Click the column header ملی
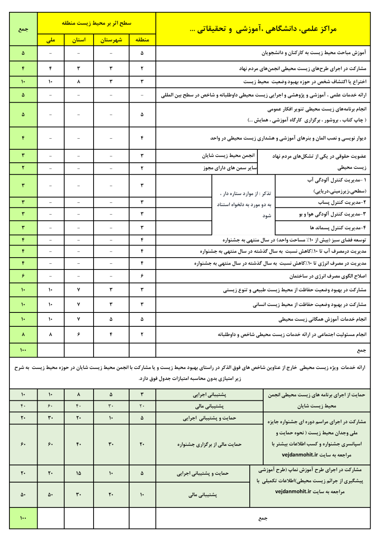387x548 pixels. pyautogui.click(x=51, y=40)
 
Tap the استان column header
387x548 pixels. pyautogui.click(x=79, y=40)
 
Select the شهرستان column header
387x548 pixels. pyautogui.click(x=111, y=40)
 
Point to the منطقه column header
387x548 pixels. pyautogui.click(x=142, y=40)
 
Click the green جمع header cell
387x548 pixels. pyautogui.click(x=23, y=29)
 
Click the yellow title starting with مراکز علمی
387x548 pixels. pyautogui.click(x=263, y=29)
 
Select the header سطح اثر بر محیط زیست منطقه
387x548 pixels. pyautogui.click(x=96, y=23)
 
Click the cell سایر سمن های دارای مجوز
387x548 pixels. pyautogui.click(x=230, y=168)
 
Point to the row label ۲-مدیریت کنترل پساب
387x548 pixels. pyautogui.click(x=342, y=202)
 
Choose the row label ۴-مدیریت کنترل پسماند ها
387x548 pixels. pyautogui.click(x=338, y=227)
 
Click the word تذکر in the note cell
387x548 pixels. pyautogui.click(x=266, y=193)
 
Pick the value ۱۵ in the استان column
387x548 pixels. pyautogui.click(x=79, y=473)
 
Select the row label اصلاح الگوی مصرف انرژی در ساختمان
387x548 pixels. pyautogui.click(x=328, y=276)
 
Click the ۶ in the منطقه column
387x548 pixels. pyautogui.click(x=142, y=276)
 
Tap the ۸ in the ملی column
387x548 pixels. pyautogui.click(x=51, y=335)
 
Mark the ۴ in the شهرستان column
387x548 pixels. pyautogui.click(x=111, y=335)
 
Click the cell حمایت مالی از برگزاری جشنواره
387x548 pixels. pyautogui.click(x=209, y=445)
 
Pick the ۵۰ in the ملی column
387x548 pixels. pyautogui.click(x=51, y=495)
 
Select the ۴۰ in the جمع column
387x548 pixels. pyautogui.click(x=23, y=406)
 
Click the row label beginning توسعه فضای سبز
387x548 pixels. pyautogui.click(x=294, y=240)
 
